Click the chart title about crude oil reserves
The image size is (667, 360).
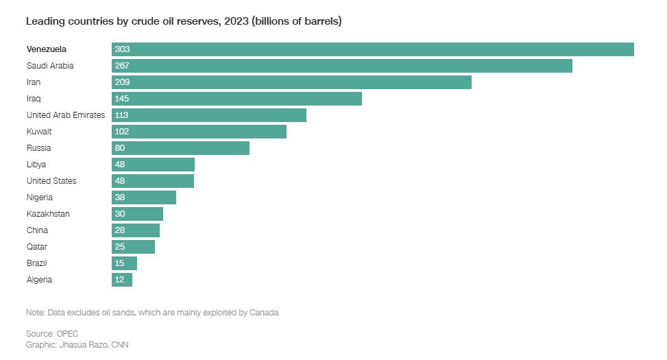[x=184, y=21]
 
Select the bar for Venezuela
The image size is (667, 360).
[x=372, y=49]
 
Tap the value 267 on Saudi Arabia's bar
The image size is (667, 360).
[x=122, y=66]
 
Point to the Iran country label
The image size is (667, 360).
[x=34, y=82]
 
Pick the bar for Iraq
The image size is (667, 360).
[x=237, y=99]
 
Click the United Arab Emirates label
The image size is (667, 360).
[x=66, y=115]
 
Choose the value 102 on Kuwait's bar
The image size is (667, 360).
[x=122, y=132]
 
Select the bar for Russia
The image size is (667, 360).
[x=180, y=148]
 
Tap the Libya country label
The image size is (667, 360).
[x=36, y=165]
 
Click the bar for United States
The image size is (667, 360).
[x=153, y=181]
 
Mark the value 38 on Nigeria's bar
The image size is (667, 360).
[x=120, y=197]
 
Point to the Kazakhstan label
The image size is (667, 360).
[x=48, y=214]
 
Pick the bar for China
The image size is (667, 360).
[x=136, y=230]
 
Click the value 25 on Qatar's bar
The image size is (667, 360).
[x=120, y=247]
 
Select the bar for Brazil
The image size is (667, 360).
[x=125, y=263]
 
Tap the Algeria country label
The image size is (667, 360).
[x=39, y=280]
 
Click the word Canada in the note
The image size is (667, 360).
[x=264, y=313]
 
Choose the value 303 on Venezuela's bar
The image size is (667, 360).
[x=122, y=49]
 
